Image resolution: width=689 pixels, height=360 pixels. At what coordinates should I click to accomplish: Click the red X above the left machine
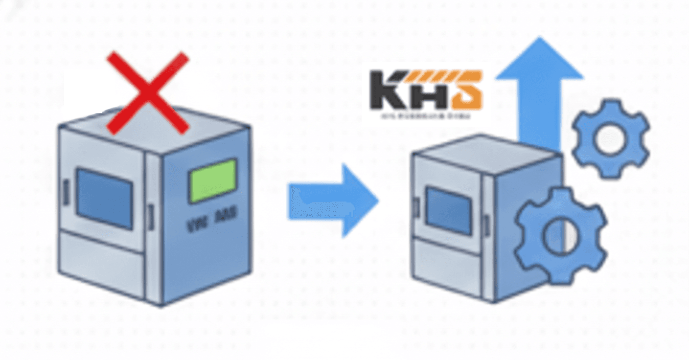(x=148, y=93)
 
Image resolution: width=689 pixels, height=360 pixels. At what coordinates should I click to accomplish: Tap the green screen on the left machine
(x=213, y=180)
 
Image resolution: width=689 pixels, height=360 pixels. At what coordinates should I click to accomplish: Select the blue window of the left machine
(x=104, y=198)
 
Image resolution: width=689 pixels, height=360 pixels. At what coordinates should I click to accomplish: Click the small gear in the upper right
(x=610, y=138)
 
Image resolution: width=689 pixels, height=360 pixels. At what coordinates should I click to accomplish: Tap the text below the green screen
(x=211, y=225)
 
